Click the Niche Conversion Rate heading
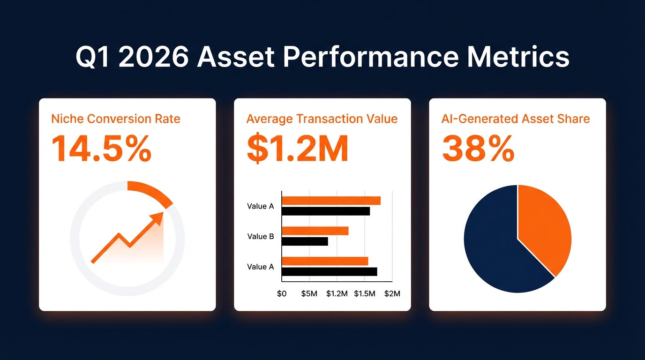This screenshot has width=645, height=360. click(116, 119)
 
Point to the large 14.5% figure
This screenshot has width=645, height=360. click(101, 149)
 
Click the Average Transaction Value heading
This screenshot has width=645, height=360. click(322, 119)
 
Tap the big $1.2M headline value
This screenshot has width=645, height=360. click(297, 149)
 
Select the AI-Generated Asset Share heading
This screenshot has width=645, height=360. click(516, 119)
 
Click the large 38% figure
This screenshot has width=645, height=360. click(478, 149)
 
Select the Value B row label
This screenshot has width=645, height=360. click(261, 236)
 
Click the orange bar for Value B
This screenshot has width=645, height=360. click(315, 231)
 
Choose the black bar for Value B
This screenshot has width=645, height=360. click(305, 241)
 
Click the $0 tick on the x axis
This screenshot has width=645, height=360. click(282, 294)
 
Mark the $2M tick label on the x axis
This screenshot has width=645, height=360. click(392, 294)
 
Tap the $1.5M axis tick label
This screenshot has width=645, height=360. click(365, 294)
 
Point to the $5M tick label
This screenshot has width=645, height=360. click(309, 294)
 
